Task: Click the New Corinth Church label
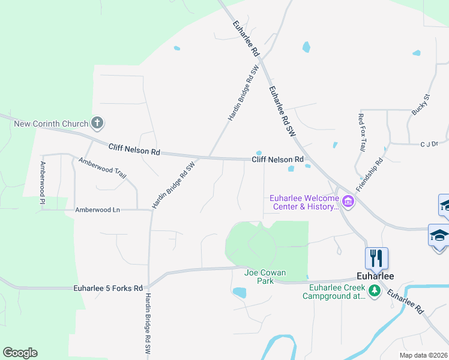[51, 124]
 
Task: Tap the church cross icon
[97, 124]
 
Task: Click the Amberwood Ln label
[98, 210]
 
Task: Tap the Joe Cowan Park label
[265, 277]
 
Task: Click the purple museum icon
[348, 202]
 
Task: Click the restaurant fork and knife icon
[376, 258]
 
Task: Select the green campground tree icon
[375, 292]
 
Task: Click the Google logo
[20, 353]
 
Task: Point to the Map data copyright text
[424, 355]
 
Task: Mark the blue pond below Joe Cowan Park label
[240, 293]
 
